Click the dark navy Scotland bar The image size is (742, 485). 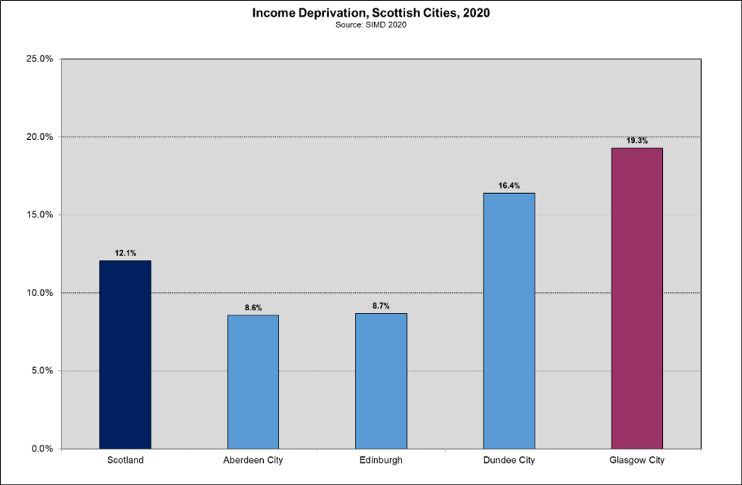(x=125, y=354)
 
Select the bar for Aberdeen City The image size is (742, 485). (x=253, y=382)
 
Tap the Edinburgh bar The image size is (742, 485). (x=381, y=381)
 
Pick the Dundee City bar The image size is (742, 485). (x=509, y=321)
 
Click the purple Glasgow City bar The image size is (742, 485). (x=637, y=298)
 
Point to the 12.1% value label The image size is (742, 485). (x=125, y=253)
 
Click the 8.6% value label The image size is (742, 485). (x=253, y=308)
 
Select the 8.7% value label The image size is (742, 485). (x=381, y=306)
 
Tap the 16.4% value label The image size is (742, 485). (x=509, y=185)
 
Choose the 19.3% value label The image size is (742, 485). (x=637, y=141)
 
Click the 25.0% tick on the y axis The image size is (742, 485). (x=39, y=59)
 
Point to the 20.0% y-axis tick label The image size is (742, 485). (x=39, y=137)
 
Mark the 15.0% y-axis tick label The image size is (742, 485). (x=39, y=215)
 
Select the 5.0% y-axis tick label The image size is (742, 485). (x=41, y=371)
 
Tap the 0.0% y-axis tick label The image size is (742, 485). (x=41, y=449)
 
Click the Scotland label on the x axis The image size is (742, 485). (x=125, y=461)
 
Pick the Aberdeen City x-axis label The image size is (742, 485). (x=253, y=461)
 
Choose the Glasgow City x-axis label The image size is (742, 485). (x=637, y=461)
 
